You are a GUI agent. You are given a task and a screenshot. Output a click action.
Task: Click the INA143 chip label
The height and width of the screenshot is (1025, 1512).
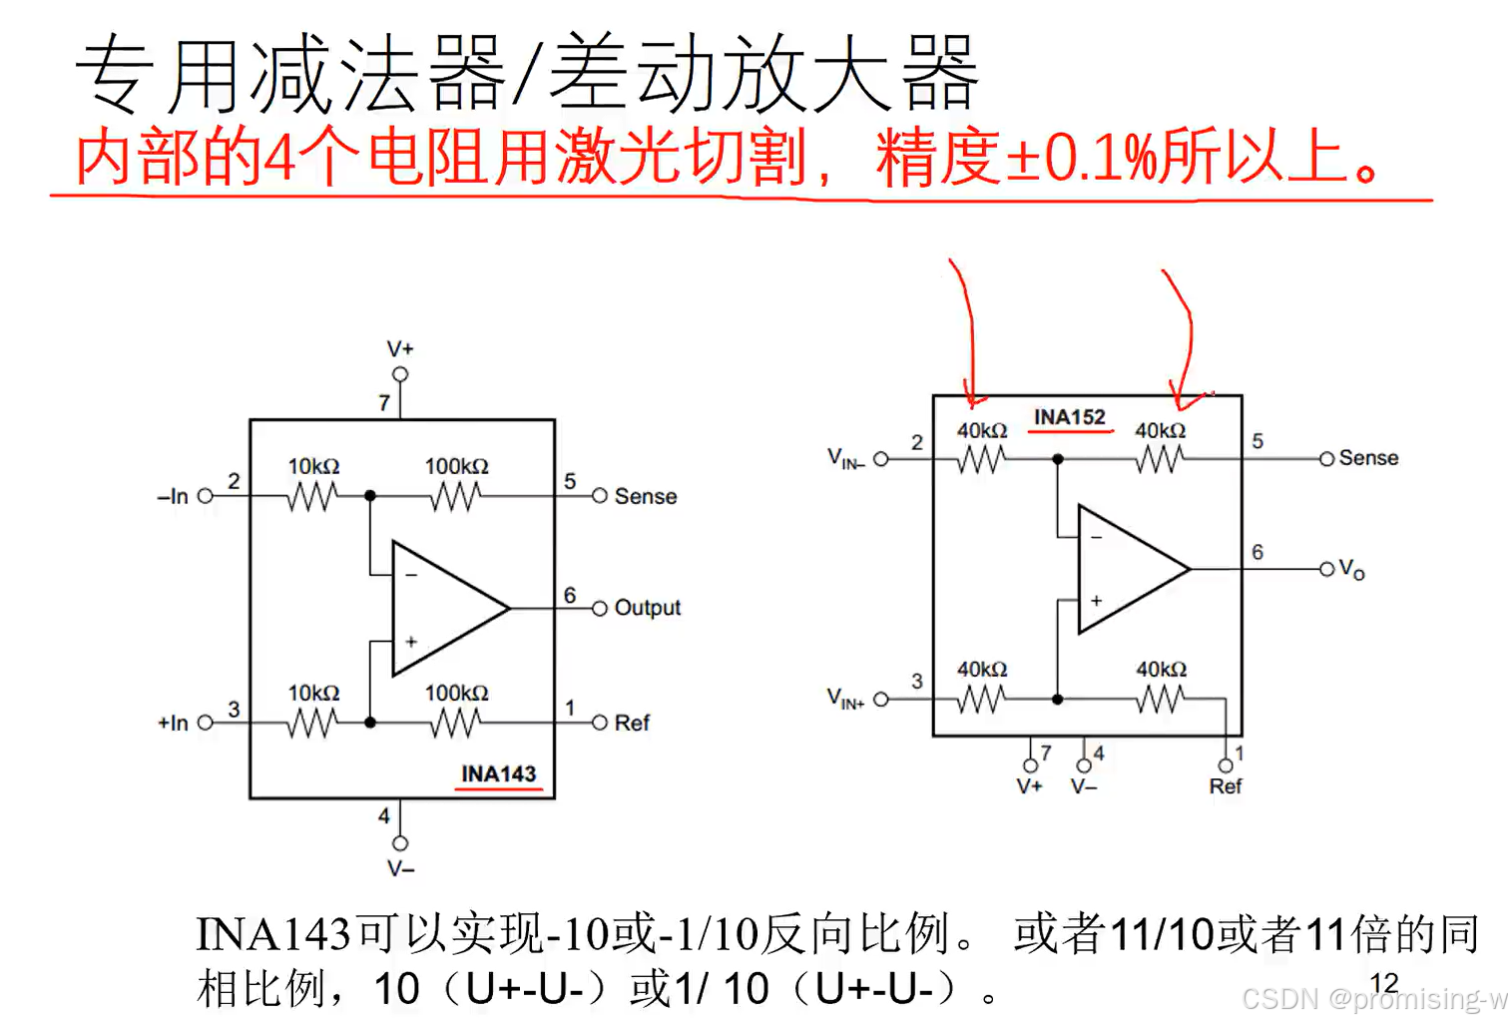pyautogui.click(x=498, y=773)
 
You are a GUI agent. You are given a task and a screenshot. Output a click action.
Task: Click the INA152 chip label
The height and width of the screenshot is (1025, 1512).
pyautogui.click(x=1069, y=416)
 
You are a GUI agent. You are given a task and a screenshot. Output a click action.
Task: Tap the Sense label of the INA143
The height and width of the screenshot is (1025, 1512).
pyautogui.click(x=645, y=496)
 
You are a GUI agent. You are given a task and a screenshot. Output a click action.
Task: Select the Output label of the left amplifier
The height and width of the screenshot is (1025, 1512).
pyautogui.click(x=647, y=607)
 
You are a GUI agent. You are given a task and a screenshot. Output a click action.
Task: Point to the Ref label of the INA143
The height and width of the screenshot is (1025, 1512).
pyautogui.click(x=632, y=723)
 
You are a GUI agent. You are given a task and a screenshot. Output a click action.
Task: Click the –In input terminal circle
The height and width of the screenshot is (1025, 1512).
pyautogui.click(x=206, y=496)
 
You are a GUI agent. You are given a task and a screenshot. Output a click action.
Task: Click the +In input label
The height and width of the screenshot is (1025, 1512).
pyautogui.click(x=172, y=723)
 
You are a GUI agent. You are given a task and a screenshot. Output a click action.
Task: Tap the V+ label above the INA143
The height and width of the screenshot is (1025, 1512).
pyautogui.click(x=400, y=348)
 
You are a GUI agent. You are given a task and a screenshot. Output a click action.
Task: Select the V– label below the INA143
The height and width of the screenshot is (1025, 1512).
pyautogui.click(x=400, y=868)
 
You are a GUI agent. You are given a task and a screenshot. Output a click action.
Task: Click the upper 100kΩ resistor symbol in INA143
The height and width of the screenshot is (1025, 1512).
pyautogui.click(x=455, y=496)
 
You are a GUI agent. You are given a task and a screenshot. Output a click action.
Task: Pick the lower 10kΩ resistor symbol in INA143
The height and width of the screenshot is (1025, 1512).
pyautogui.click(x=312, y=723)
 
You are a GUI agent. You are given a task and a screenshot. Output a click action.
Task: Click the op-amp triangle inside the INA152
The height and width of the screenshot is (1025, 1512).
pyautogui.click(x=1129, y=569)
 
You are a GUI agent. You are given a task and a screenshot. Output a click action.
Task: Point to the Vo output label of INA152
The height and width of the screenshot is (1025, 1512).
pyautogui.click(x=1350, y=569)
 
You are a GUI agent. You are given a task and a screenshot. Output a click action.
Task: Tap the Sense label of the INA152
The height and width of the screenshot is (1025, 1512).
pyautogui.click(x=1367, y=458)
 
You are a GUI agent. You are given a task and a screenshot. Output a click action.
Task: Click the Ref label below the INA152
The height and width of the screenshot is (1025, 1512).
pyautogui.click(x=1225, y=786)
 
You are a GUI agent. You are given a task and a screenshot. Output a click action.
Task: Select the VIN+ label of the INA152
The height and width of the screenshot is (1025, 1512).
pyautogui.click(x=844, y=698)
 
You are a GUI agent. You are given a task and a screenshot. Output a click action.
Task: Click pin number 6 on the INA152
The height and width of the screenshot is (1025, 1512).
pyautogui.click(x=1258, y=552)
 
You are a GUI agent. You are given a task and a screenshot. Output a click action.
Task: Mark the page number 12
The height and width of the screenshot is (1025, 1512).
pyautogui.click(x=1383, y=983)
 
